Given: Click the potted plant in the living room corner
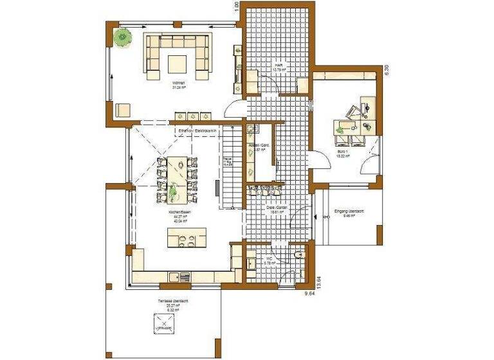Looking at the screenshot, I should [120, 37].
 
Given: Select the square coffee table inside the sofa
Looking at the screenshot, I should [178, 62].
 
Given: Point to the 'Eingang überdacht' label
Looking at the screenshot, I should [349, 213].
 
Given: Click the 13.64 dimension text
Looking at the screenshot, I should [316, 282].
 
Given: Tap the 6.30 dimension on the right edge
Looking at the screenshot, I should [387, 70].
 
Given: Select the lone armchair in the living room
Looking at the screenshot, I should [122, 110].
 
